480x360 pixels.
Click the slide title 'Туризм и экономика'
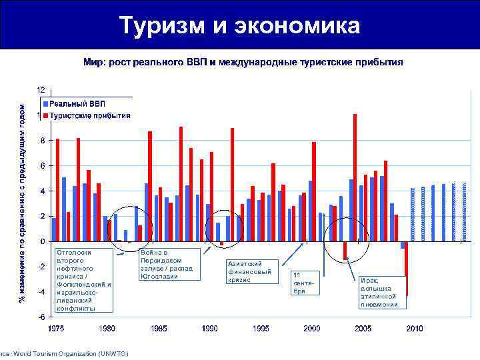pos(239,26)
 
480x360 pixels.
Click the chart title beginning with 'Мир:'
pos(243,62)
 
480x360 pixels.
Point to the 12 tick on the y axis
pos(41,89)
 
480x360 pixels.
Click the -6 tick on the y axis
pos(41,317)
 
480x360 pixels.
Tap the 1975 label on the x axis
pos(56,329)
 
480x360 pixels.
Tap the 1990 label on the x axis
pos(210,329)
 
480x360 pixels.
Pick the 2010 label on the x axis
pos(415,329)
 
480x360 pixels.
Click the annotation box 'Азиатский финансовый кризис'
pos(250,271)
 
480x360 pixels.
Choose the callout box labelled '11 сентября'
pos(303,283)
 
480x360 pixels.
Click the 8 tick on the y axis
pos(42,140)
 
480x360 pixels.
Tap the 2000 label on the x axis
pos(312,329)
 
